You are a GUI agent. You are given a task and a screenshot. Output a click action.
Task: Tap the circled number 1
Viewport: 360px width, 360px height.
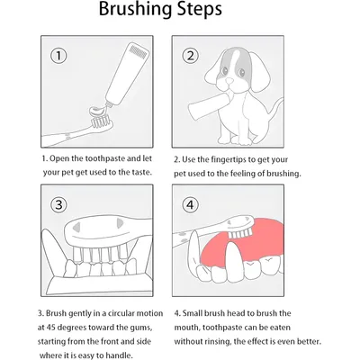(58, 56)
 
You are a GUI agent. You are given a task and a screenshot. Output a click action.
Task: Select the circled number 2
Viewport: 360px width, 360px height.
(190, 56)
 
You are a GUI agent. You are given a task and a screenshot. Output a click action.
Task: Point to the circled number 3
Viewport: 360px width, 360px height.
(58, 205)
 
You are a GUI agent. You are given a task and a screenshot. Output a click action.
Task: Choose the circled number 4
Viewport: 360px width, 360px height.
(190, 205)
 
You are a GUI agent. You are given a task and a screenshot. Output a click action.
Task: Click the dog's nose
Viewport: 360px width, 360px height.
(229, 80)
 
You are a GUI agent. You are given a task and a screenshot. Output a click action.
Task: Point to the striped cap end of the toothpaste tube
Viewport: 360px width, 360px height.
(139, 50)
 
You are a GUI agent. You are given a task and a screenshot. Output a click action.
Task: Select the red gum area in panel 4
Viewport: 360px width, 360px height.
(243, 240)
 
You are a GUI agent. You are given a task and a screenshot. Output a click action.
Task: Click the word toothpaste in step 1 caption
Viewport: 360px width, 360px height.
(105, 158)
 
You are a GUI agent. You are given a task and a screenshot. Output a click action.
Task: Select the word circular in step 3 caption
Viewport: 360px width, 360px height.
(121, 313)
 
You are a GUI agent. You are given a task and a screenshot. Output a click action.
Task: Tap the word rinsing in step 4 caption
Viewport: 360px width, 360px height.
(219, 342)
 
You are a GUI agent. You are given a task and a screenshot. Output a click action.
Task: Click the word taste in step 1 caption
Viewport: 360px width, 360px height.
(140, 173)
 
